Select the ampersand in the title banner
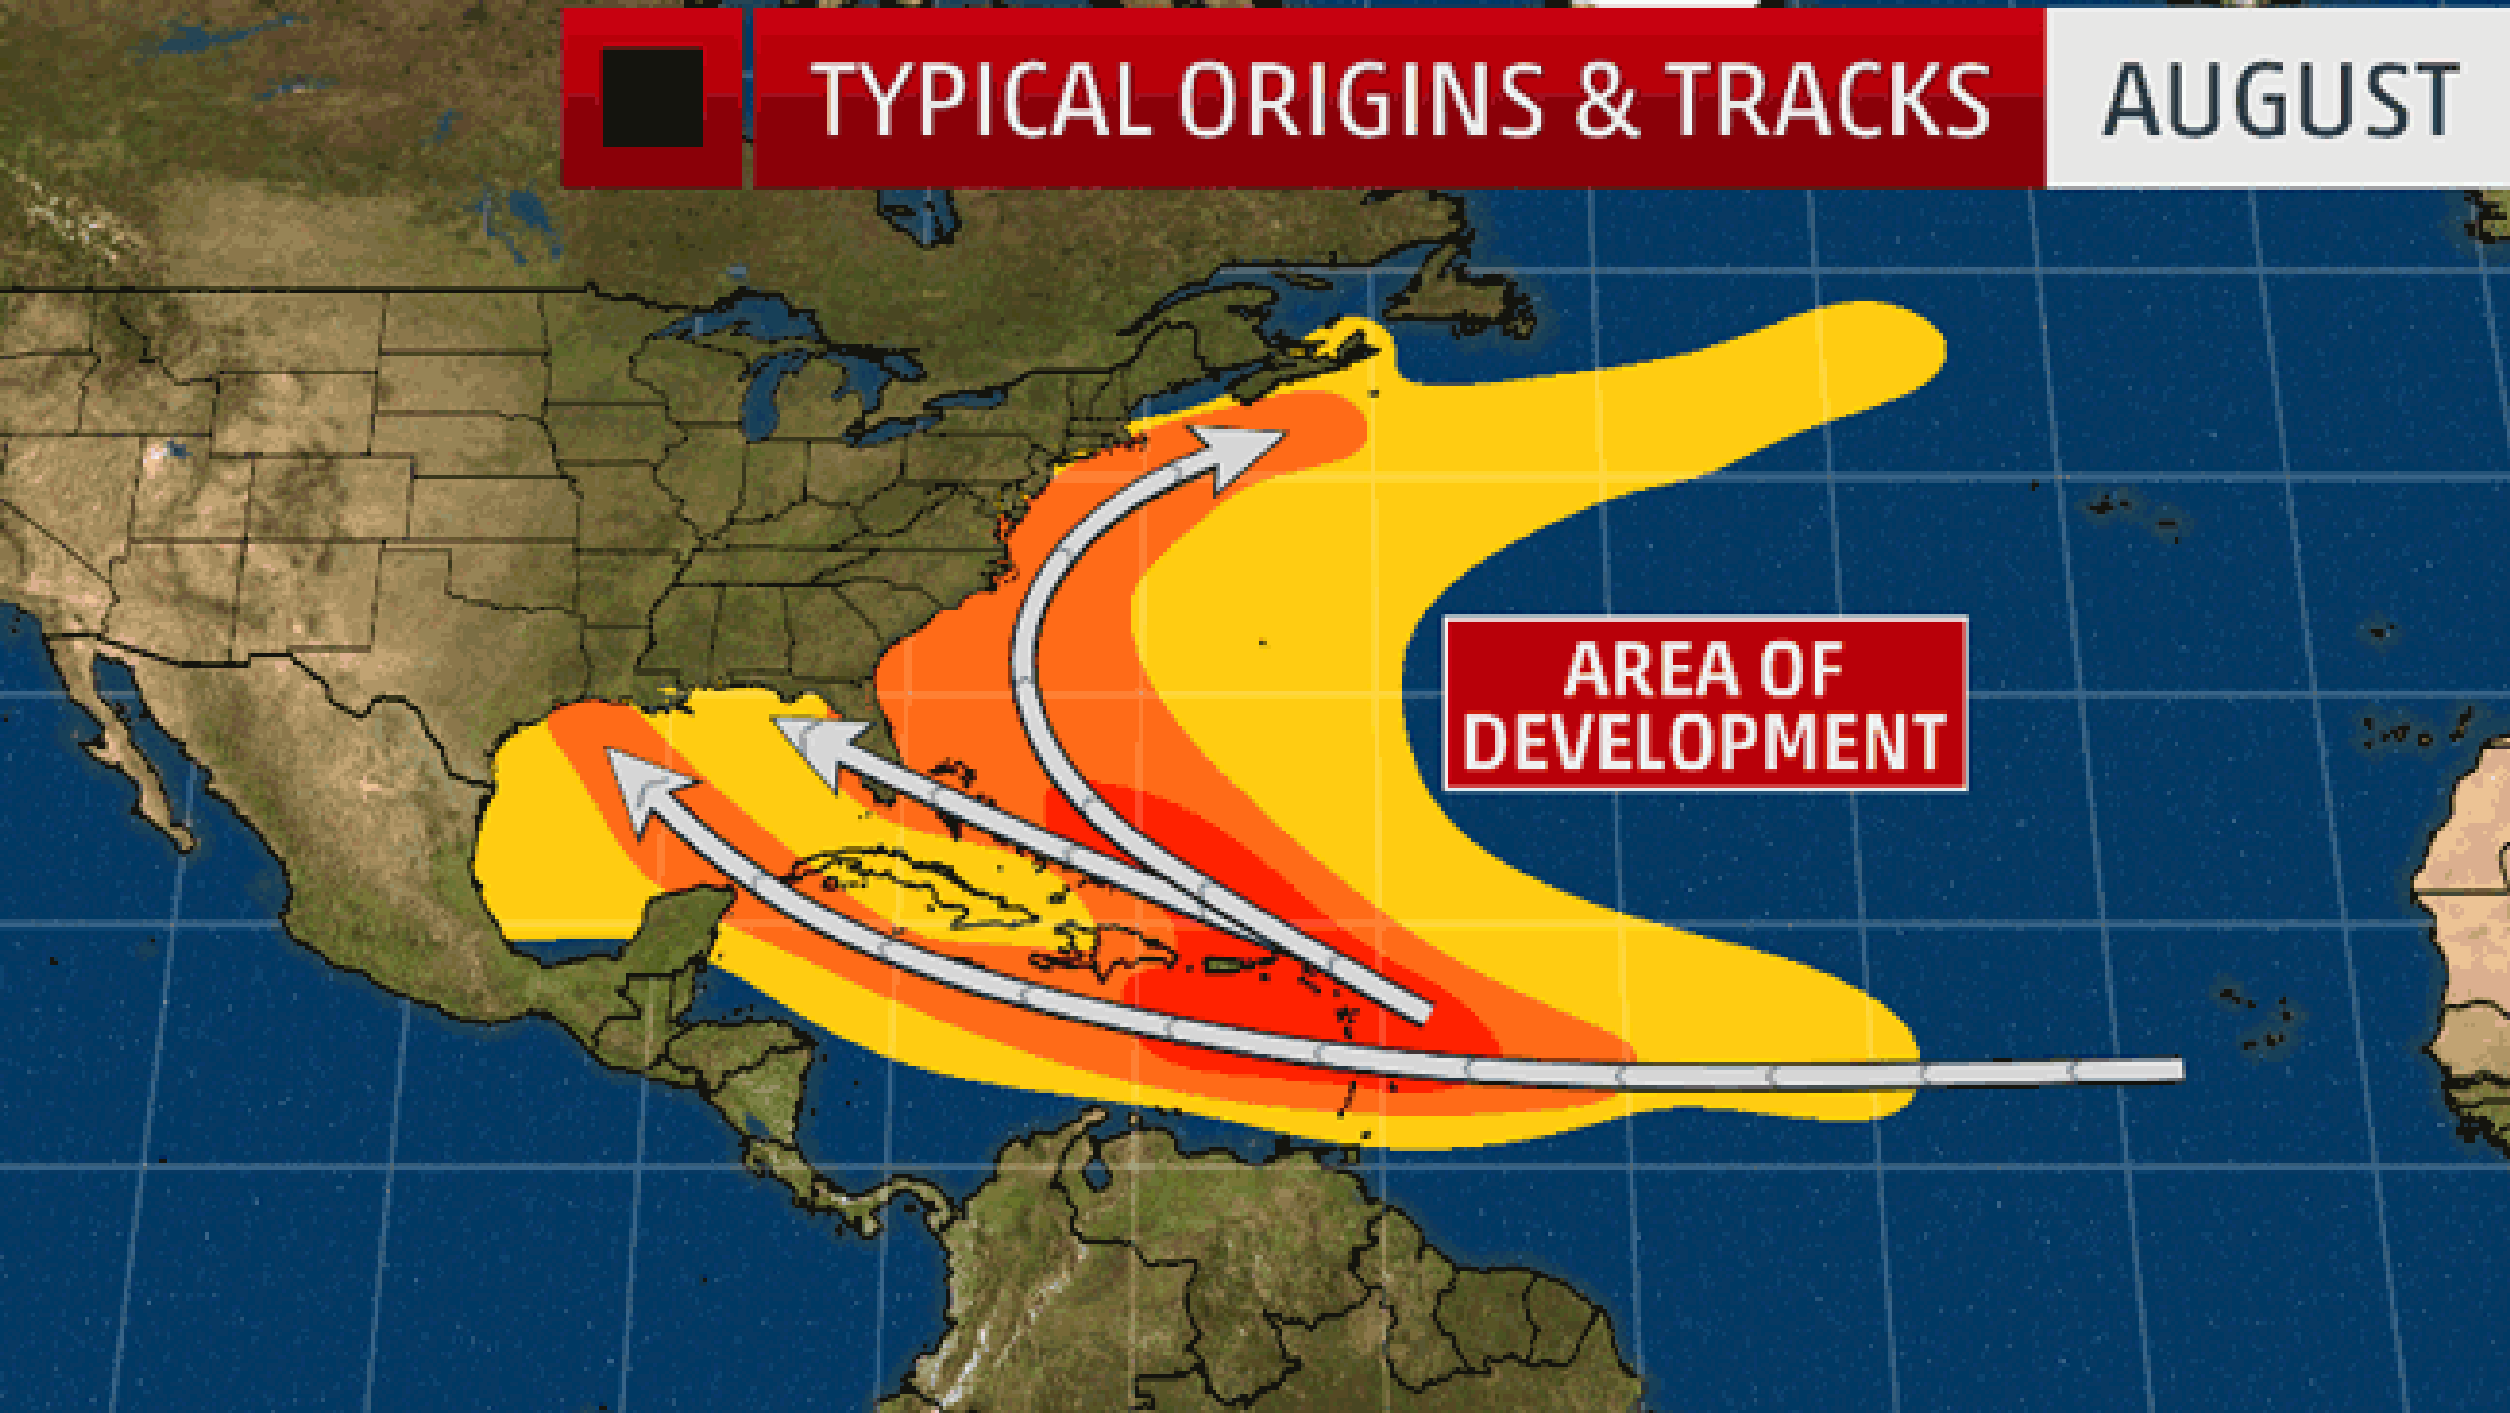tap(1609, 99)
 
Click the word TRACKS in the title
tap(1831, 99)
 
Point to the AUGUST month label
tap(2280, 99)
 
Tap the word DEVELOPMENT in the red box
tap(1705, 742)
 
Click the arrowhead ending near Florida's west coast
tap(814, 746)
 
